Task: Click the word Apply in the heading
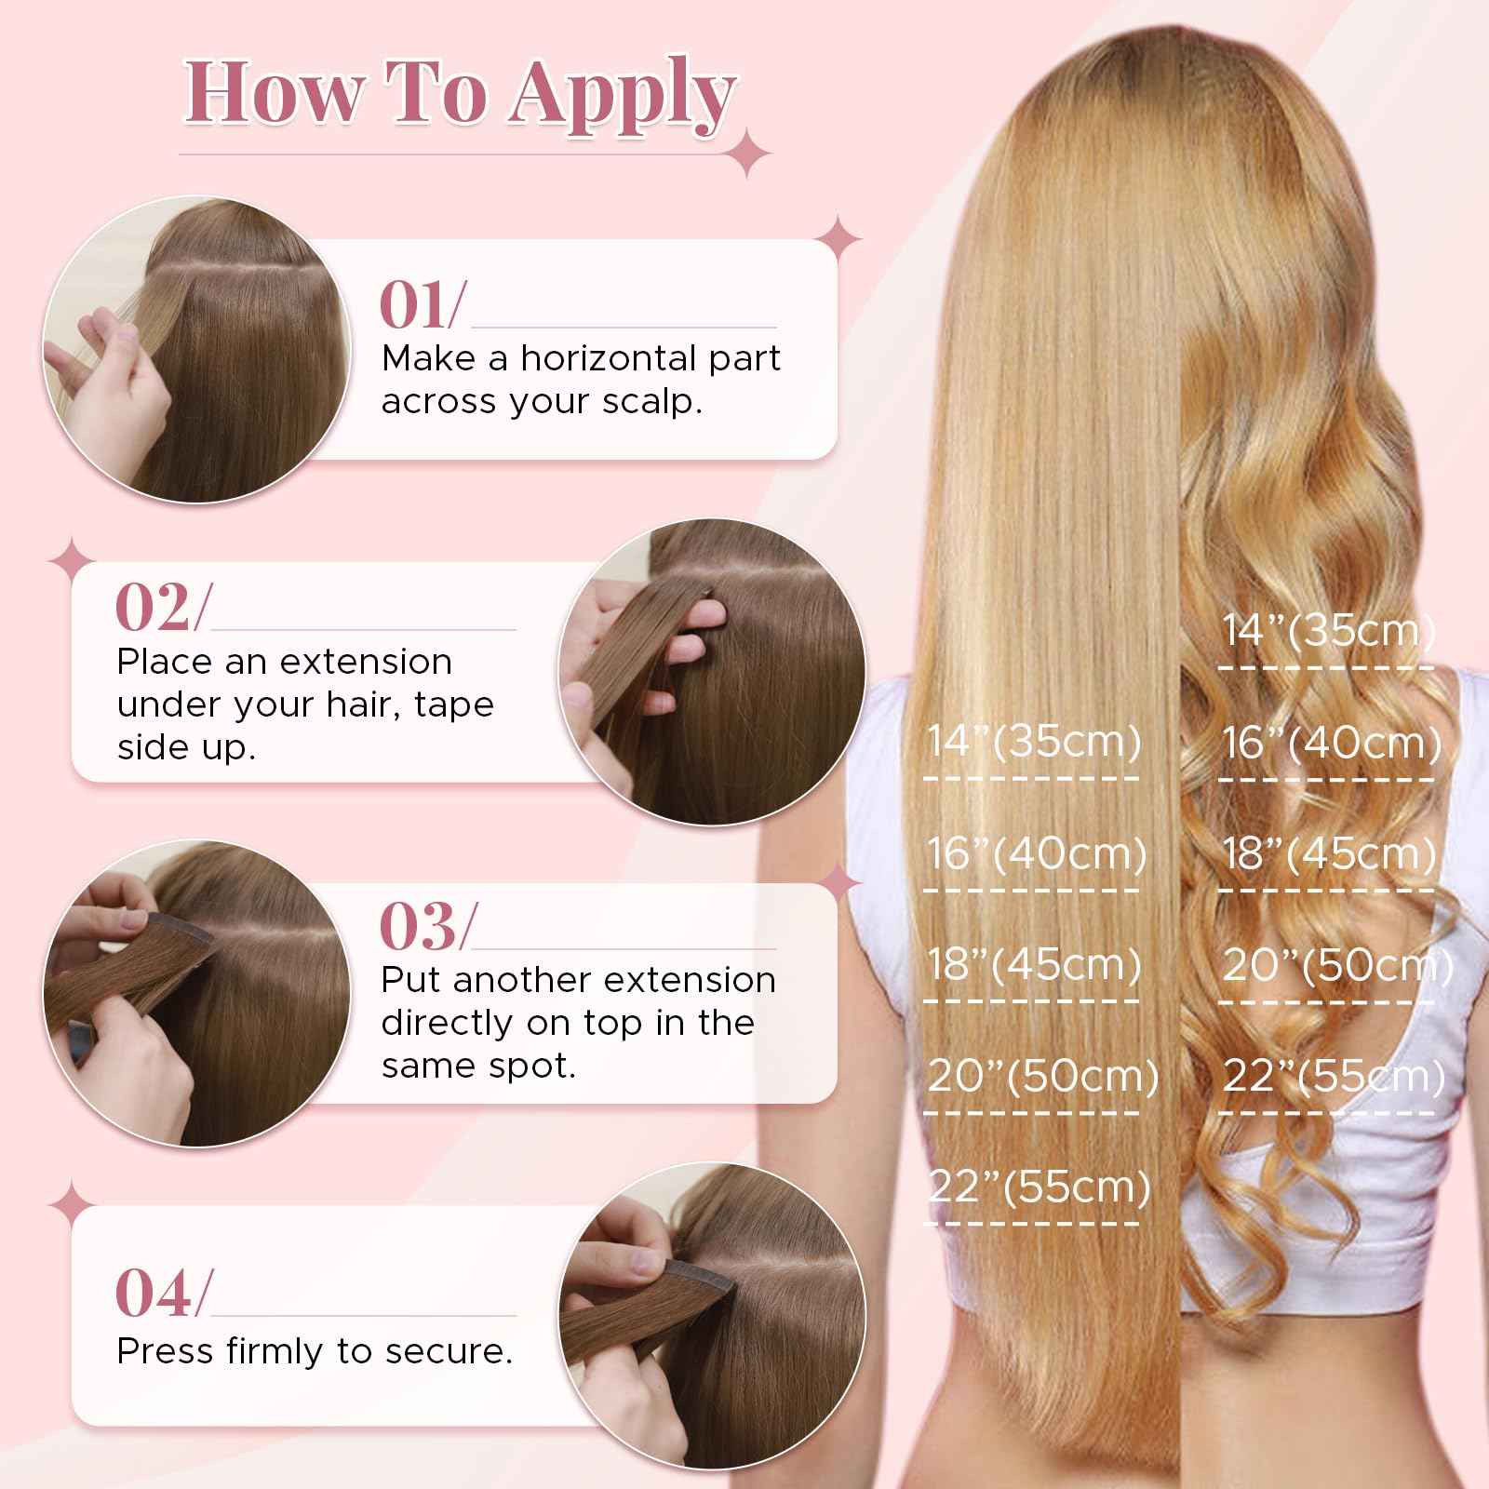[622, 95]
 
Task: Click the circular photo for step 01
[196, 349]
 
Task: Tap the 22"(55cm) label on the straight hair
[1039, 1187]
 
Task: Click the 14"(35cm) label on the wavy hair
[1329, 631]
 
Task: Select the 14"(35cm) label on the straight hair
[1034, 742]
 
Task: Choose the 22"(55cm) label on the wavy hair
[1334, 1077]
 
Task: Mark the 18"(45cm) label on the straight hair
[1034, 965]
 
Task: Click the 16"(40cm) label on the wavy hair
[1331, 743]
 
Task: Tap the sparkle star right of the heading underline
[750, 154]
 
